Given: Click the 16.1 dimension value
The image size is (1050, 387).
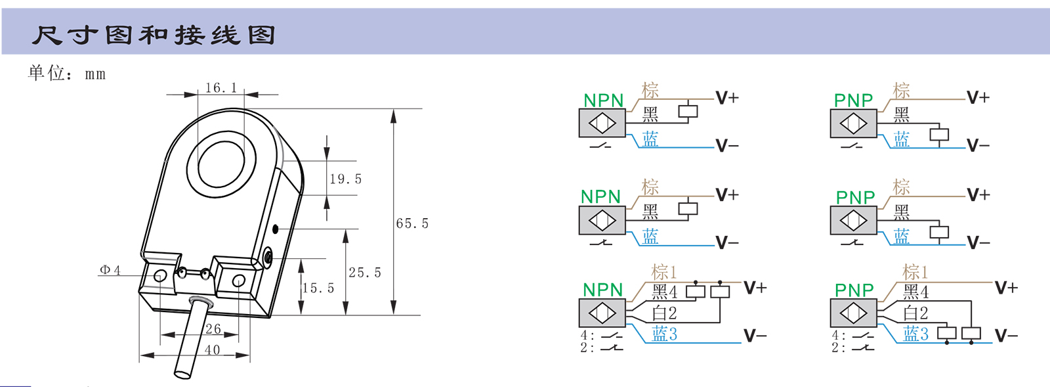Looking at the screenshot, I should pos(220,87).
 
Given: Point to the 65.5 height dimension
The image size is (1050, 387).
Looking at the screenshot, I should pos(412,223).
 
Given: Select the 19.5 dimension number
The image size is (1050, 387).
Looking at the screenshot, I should pos(345,179).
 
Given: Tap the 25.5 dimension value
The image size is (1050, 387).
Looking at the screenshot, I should pos(364,272).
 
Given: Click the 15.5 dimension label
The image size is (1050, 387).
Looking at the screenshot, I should pos(318,288).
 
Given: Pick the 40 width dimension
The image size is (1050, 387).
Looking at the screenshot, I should pos(212,350).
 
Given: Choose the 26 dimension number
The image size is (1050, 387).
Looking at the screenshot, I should pos(213,329).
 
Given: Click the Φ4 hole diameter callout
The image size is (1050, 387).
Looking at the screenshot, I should pos(110,270).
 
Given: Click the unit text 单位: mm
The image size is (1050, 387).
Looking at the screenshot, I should pos(66,73).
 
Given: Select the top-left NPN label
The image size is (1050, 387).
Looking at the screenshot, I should pos(603,101).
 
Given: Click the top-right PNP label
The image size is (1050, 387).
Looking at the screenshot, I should pos(853,101).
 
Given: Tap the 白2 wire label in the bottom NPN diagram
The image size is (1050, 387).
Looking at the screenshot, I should pos(663,313).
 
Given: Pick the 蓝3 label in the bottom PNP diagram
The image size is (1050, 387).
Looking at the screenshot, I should pos(915,334).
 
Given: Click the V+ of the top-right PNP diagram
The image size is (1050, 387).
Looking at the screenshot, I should pos(978,98).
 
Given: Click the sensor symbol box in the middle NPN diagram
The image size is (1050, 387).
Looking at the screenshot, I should pos(602,220).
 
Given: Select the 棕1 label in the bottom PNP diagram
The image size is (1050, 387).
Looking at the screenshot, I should pos(915,272).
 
